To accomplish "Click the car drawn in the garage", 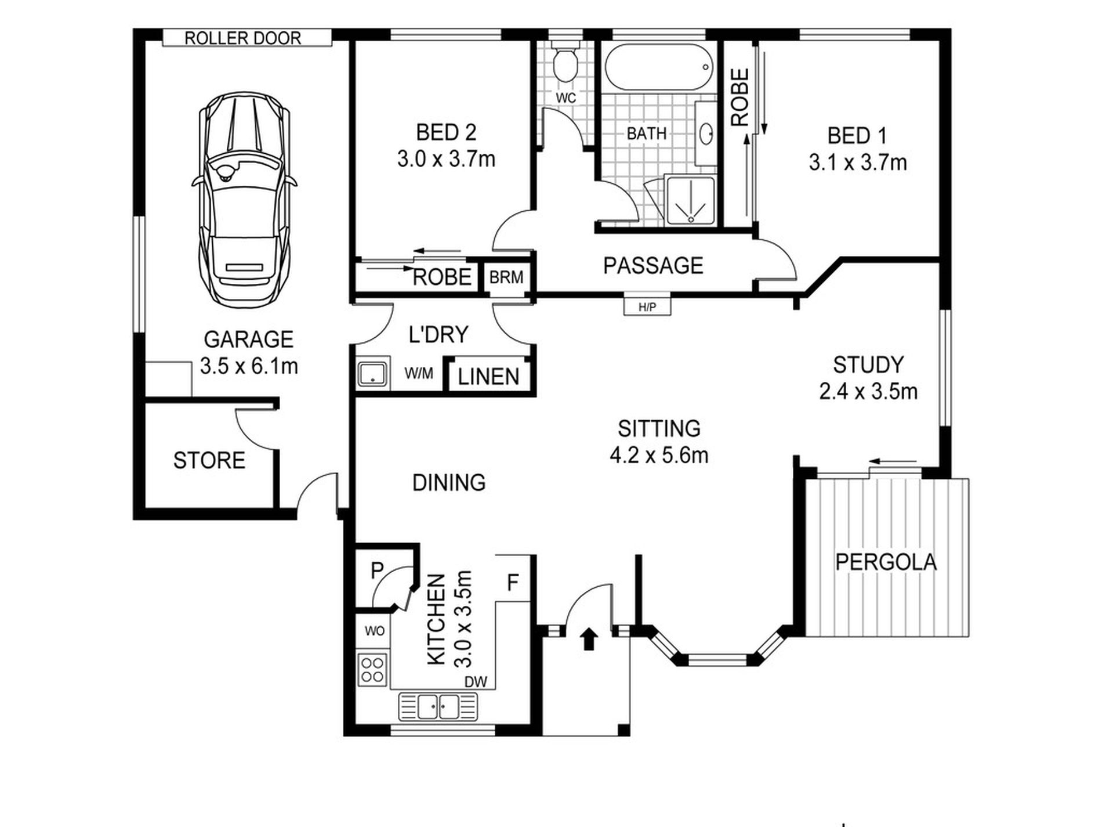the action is pyautogui.click(x=244, y=203).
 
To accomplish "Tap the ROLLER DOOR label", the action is pyautogui.click(x=243, y=38).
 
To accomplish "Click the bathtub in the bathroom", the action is pyautogui.click(x=658, y=68).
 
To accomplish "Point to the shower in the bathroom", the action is pyautogui.click(x=690, y=201).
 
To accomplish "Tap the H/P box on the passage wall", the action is pyautogui.click(x=647, y=306).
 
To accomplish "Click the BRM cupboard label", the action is pyautogui.click(x=506, y=277).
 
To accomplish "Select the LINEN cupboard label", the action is pyautogui.click(x=488, y=377).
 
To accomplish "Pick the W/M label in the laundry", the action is pyautogui.click(x=419, y=374).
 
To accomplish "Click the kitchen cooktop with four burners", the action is pyautogui.click(x=373, y=669).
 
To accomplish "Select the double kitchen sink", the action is pyautogui.click(x=438, y=707).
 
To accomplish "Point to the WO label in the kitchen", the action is pyautogui.click(x=374, y=631).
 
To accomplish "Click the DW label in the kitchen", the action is pyautogui.click(x=476, y=682).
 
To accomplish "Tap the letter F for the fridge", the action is pyautogui.click(x=513, y=583).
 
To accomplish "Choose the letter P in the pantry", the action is pyautogui.click(x=378, y=570).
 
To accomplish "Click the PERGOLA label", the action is pyautogui.click(x=886, y=562).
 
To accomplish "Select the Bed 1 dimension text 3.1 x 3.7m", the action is pyautogui.click(x=858, y=162).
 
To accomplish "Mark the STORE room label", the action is pyautogui.click(x=209, y=460).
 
